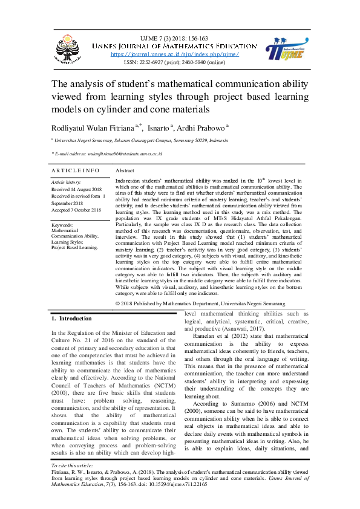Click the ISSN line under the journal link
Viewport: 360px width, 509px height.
click(175, 62)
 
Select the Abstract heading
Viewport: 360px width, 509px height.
click(124, 171)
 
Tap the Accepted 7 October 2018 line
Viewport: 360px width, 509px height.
click(76, 210)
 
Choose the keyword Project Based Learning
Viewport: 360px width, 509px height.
click(74, 247)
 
